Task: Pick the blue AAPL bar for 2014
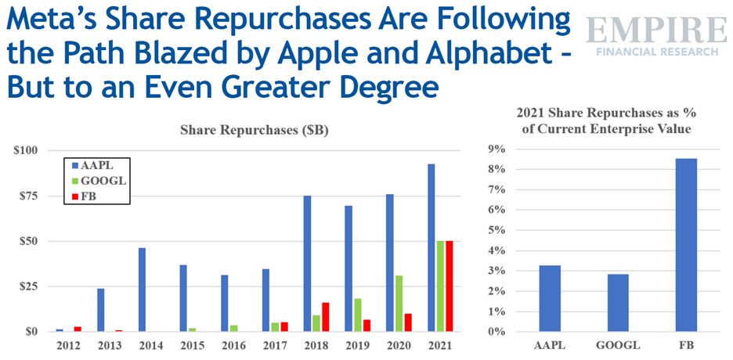[x=143, y=290]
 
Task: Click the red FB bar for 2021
[x=450, y=286]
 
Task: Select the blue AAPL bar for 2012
[x=60, y=330]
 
